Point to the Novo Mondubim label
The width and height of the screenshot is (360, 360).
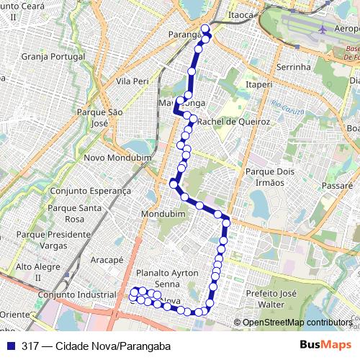click(113, 158)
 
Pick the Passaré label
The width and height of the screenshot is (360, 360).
click(338, 185)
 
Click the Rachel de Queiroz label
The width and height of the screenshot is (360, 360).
click(233, 122)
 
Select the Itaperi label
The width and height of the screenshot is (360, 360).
click(259, 84)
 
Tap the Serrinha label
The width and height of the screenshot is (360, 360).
click(292, 67)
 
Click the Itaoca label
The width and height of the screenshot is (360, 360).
click(240, 14)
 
